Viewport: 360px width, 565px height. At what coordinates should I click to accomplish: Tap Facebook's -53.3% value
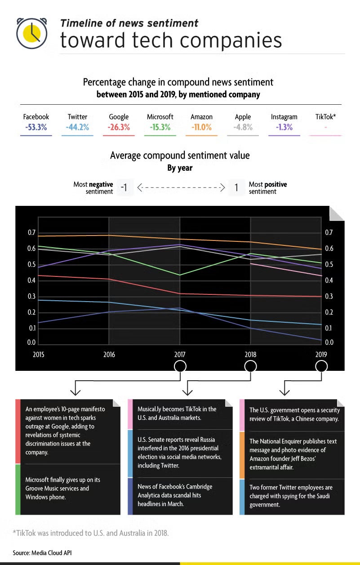pos(36,127)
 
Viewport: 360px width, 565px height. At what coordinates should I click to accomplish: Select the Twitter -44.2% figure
pos(77,127)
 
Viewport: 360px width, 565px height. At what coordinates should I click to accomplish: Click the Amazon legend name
pos(201,117)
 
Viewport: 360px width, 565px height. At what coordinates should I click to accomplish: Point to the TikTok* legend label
pos(326,117)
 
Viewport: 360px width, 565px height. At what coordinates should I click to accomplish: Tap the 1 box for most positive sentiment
pos(236,187)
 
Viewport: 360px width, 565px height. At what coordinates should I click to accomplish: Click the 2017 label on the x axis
pos(180,355)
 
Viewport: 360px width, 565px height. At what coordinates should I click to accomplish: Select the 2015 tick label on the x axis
pos(39,355)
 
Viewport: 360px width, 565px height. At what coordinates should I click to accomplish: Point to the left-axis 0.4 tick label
pos(31,280)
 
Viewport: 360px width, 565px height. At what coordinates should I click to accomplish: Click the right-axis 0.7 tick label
pos(329,232)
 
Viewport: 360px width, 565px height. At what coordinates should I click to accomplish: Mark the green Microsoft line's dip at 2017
pos(180,275)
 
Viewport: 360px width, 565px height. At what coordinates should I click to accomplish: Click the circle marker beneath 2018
pos(250,366)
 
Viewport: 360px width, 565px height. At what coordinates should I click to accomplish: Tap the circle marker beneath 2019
pos(321,366)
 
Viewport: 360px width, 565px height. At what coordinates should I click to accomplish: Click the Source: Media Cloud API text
pos(42,553)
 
